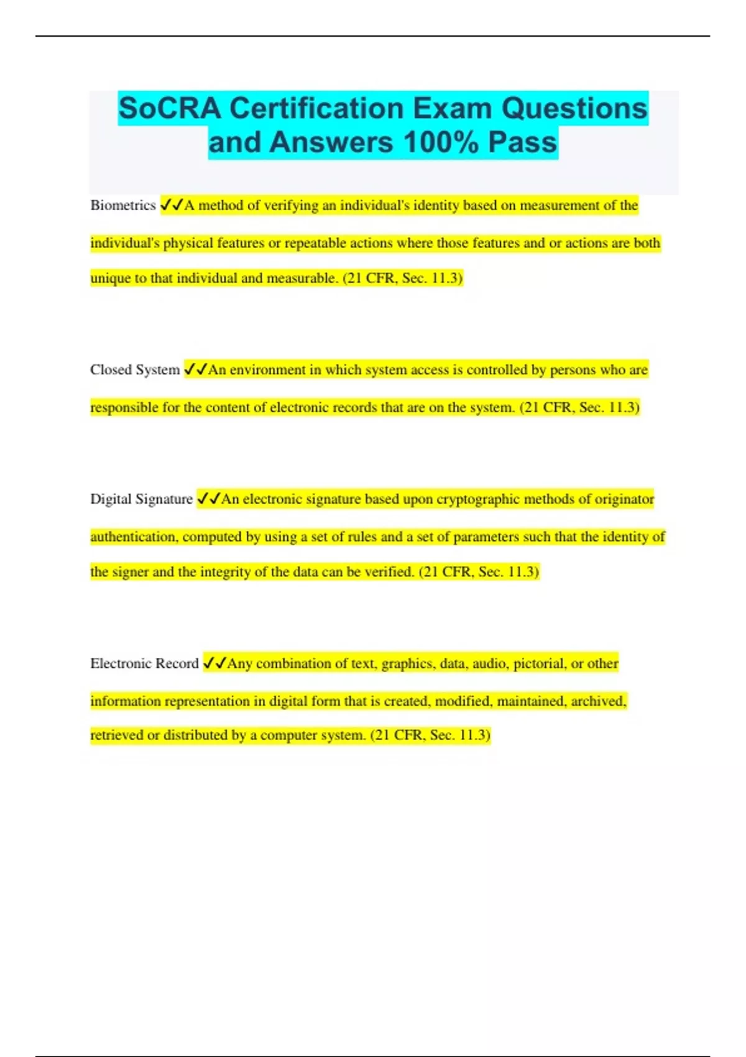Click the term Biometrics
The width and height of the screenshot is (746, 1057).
(122, 205)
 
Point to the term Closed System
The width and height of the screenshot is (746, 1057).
(134, 370)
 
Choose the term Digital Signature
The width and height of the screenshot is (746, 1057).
(141, 499)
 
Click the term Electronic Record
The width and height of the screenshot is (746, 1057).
(144, 663)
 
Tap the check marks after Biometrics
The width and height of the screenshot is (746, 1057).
(172, 205)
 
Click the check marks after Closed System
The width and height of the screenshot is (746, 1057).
(196, 370)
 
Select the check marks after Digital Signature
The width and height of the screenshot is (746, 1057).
(209, 499)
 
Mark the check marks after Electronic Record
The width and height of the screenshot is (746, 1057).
(215, 663)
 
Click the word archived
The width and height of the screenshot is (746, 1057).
(598, 701)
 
